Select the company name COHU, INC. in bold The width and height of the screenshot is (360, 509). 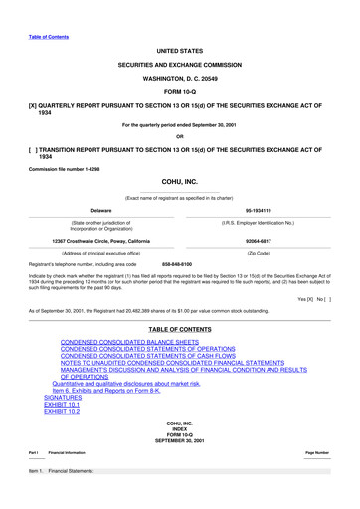179,182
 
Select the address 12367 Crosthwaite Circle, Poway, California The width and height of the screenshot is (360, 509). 102,241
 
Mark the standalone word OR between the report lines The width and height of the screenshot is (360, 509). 179,136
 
